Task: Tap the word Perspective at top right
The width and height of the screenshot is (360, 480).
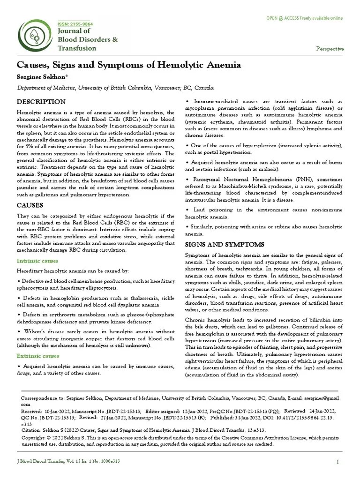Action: [x=330, y=49]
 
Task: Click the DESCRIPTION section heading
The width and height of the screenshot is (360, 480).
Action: [x=41, y=102]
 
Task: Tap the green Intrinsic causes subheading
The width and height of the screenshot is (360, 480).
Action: [x=37, y=261]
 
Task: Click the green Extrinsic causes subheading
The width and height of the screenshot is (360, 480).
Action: [x=38, y=356]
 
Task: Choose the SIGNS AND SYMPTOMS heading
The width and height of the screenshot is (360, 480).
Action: [x=218, y=245]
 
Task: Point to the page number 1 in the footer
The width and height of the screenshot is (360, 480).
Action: [x=337, y=462]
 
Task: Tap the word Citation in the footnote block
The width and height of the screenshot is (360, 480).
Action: [x=32, y=430]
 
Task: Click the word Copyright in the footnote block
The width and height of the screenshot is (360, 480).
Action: [x=34, y=437]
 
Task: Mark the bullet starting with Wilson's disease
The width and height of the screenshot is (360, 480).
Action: [x=89, y=338]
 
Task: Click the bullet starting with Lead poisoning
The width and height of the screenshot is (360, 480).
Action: [x=263, y=213]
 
